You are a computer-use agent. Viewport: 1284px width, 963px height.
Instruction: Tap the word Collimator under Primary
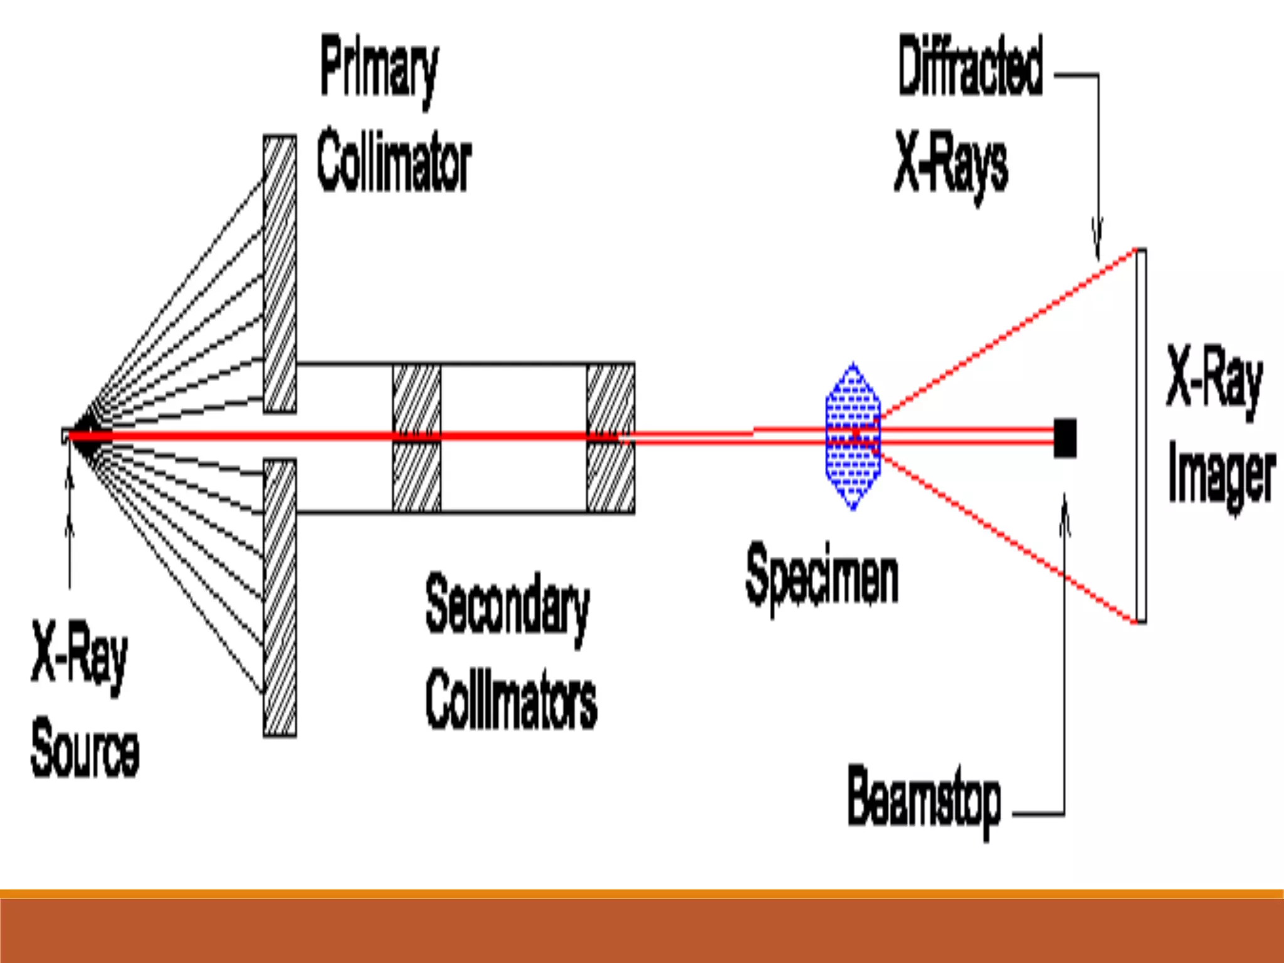click(394, 162)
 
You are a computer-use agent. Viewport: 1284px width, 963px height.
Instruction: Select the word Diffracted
click(970, 66)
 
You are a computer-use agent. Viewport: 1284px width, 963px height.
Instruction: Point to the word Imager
click(1221, 476)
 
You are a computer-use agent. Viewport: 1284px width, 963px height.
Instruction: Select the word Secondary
click(507, 605)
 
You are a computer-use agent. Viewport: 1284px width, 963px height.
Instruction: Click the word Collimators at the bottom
click(511, 699)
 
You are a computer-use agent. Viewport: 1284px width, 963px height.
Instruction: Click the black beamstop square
click(1065, 437)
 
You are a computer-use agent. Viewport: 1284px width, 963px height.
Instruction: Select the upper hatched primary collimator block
click(280, 274)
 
